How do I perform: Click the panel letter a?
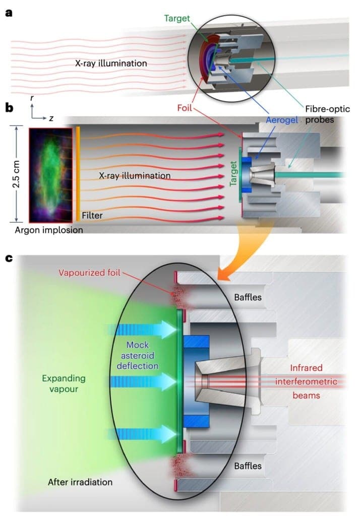9,13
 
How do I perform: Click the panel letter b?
10,108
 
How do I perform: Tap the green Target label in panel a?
177,19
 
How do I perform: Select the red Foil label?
185,108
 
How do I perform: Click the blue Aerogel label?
282,120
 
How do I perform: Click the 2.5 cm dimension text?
16,174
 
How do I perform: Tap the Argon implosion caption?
49,230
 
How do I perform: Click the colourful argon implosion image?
51,175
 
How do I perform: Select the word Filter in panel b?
92,216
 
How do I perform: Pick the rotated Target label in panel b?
233,173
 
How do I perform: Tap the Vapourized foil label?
90,273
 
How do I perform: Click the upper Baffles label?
248,297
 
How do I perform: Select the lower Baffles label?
248,466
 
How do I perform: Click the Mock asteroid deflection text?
138,355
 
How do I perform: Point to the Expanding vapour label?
64,383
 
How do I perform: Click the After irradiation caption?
80,482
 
